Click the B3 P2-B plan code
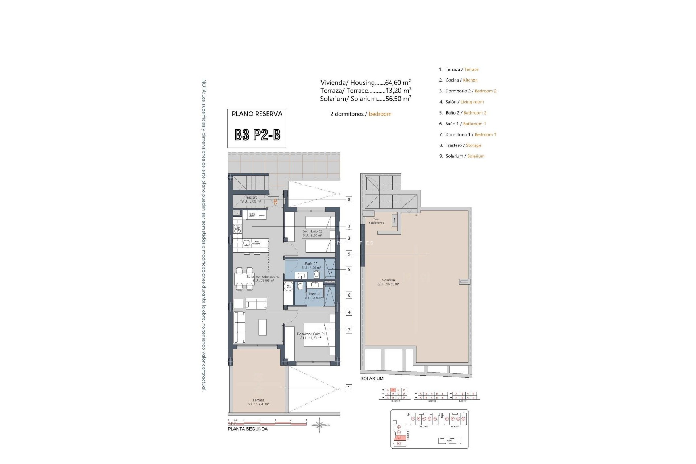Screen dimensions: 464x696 click(257, 135)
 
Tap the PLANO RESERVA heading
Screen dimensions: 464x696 click(257, 114)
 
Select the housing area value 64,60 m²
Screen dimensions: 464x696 click(398, 83)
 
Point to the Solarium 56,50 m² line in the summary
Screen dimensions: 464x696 click(365, 99)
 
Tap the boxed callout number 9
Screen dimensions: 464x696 click(349, 254)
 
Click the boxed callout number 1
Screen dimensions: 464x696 click(349, 388)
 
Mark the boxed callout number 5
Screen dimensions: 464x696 click(349, 270)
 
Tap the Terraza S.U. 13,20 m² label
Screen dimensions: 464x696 click(258, 402)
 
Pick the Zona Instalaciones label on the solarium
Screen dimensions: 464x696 click(376, 221)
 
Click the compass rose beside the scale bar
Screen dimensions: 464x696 click(320, 425)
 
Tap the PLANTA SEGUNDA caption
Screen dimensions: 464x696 click(247, 429)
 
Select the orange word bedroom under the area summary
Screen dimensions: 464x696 click(380, 114)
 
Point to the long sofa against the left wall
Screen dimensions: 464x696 click(239, 327)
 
